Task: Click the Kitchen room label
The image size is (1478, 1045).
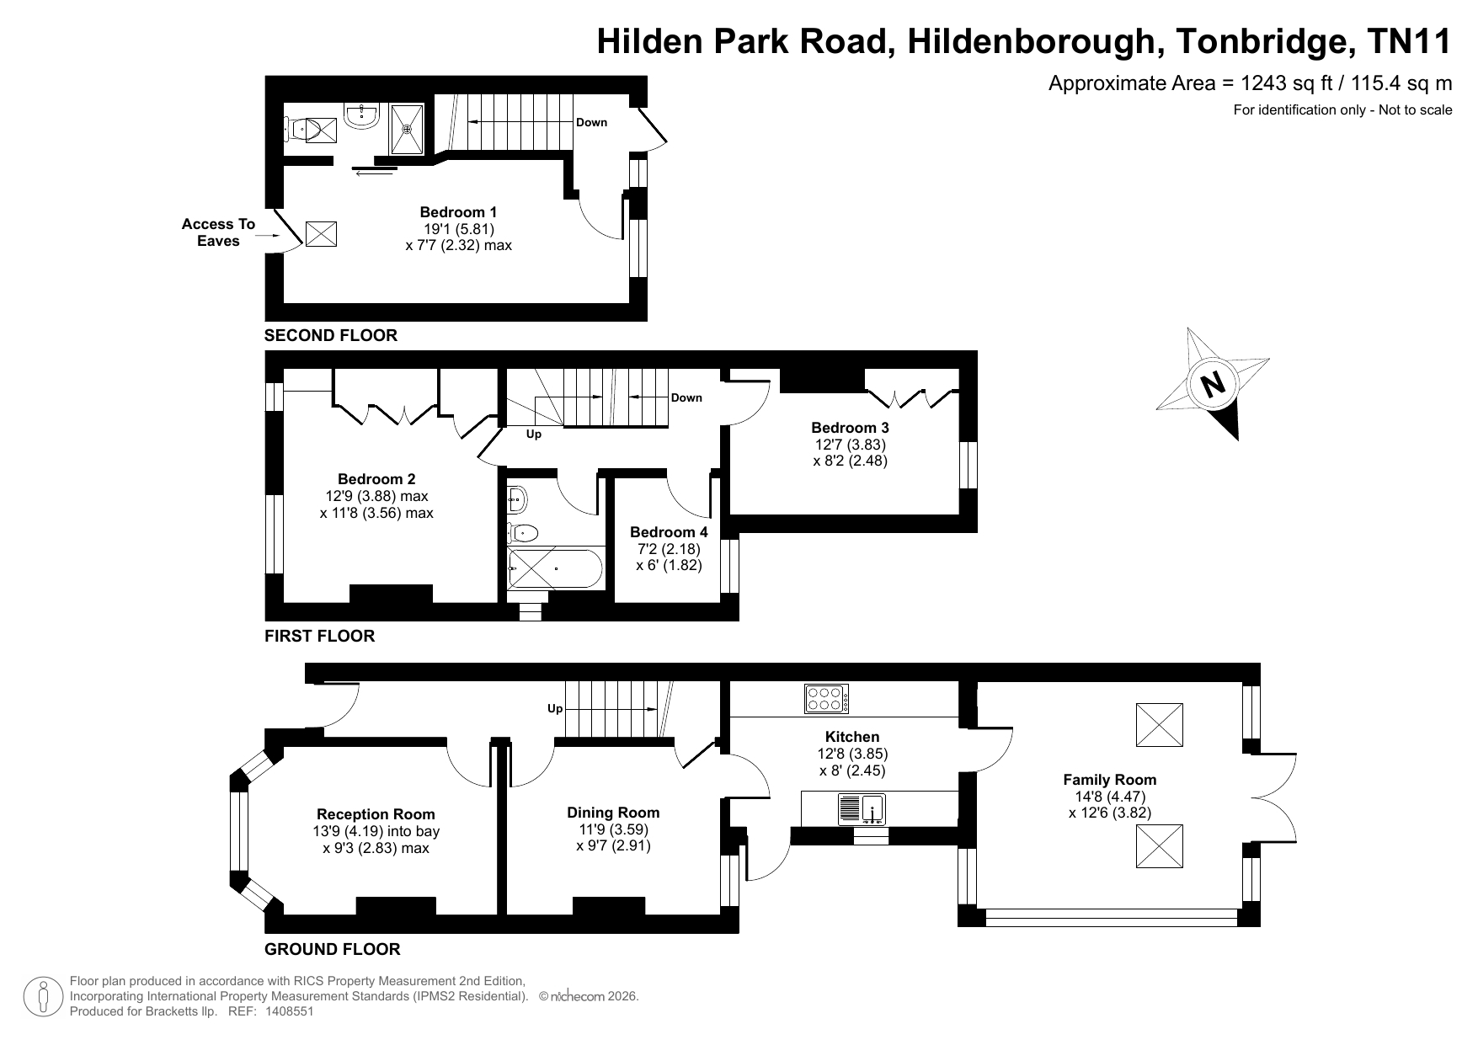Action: pos(852,737)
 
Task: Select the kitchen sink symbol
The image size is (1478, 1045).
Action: pos(861,809)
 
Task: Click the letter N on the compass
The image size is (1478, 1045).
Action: pos(1213,384)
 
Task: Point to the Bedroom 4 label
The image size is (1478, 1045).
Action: pos(669,532)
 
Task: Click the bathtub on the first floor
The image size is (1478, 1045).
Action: pos(555,568)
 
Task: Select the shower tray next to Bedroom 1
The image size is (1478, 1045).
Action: pos(408,129)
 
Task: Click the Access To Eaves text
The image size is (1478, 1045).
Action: pos(218,232)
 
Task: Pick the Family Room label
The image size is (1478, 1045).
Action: pos(1109,780)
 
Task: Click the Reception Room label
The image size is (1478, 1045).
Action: pos(376,814)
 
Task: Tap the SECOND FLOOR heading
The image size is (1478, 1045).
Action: pos(331,335)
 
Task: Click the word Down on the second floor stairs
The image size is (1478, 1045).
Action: pos(591,122)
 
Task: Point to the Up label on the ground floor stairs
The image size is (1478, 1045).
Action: pos(555,709)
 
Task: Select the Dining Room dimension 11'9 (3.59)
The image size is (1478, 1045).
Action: pos(613,829)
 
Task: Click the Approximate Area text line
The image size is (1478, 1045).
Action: pos(1250,83)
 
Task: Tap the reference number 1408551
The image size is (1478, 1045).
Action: pos(290,1011)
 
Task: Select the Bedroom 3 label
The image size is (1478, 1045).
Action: pos(850,428)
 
